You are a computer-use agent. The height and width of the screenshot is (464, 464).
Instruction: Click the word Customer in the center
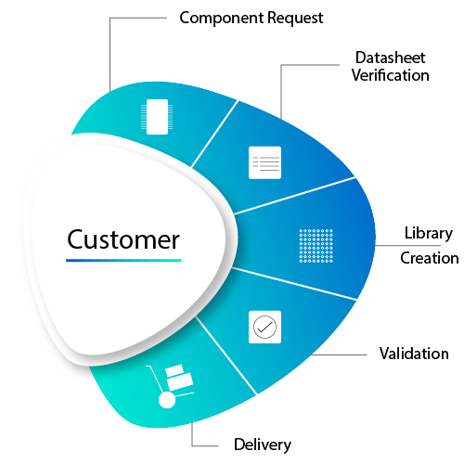point(123,239)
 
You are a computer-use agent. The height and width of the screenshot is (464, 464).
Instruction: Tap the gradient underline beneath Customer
point(123,261)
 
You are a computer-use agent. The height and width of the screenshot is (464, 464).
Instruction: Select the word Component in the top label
point(222,18)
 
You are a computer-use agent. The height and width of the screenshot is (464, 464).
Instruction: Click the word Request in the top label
point(295,18)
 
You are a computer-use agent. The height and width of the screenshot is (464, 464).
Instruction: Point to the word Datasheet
point(390,58)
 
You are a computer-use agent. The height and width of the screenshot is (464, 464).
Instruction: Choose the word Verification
point(390,75)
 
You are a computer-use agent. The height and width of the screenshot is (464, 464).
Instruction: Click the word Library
point(429,234)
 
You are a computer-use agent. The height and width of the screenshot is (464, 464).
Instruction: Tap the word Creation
point(430,258)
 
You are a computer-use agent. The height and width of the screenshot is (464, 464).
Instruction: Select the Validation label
point(414,354)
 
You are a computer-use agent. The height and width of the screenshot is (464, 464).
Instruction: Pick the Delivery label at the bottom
point(263,445)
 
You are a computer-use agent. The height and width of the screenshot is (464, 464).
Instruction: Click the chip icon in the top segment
point(157,117)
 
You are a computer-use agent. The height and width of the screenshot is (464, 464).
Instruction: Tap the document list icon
point(264,162)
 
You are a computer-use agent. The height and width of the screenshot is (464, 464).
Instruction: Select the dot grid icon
point(316,246)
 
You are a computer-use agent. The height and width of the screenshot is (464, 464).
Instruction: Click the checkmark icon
point(264,327)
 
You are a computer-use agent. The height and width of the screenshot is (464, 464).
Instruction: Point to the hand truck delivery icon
point(170,386)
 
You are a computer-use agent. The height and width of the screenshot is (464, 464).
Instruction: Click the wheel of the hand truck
point(167,400)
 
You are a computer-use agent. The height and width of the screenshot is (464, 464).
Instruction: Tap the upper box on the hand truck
point(174,370)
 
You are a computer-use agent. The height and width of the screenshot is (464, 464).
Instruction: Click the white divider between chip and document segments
point(214,134)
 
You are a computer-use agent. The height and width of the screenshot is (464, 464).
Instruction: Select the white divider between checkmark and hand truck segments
point(226,355)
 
